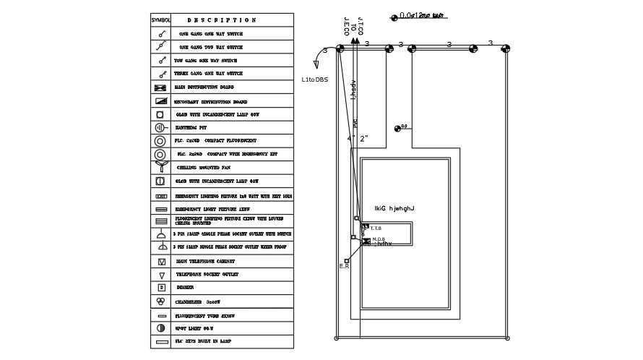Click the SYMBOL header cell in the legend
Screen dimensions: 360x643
[x=160, y=20]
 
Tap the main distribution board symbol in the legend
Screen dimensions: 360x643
[x=160, y=87]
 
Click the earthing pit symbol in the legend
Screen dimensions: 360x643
[x=160, y=128]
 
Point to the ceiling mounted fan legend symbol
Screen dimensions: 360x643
[x=160, y=166]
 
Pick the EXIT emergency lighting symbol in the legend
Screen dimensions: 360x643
[x=160, y=196]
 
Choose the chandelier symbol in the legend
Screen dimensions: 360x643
[x=160, y=301]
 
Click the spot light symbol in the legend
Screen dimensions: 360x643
[x=160, y=328]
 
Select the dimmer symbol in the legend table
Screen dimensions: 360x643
[x=160, y=288]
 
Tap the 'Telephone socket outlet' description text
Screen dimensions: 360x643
[x=207, y=275]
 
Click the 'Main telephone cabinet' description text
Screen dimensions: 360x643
[x=205, y=262]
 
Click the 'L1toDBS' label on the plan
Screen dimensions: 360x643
[x=314, y=80]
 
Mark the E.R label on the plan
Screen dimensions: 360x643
[x=344, y=267]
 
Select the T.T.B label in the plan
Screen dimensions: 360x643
[x=376, y=228]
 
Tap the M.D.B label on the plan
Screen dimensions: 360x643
[x=379, y=239]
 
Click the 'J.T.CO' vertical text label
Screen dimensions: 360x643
[x=361, y=27]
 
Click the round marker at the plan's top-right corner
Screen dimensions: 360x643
[x=506, y=48]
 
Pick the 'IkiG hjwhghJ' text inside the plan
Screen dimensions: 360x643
[x=394, y=209]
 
